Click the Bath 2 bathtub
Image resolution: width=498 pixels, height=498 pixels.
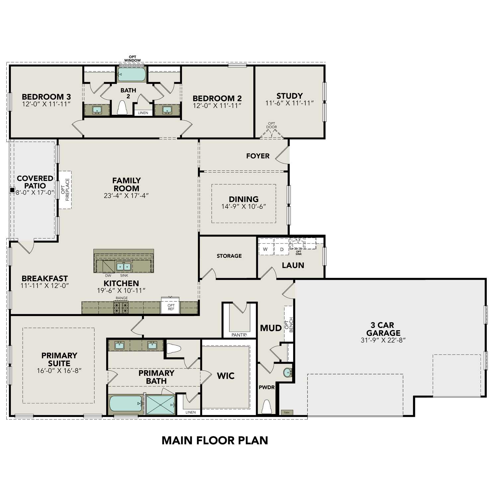point(132,74)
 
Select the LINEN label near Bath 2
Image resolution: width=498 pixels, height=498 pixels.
point(143,113)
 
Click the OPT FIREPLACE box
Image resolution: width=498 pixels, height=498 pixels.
point(65,190)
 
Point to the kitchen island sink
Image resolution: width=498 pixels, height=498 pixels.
point(124,266)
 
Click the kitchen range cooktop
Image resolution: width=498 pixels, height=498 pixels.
point(121,308)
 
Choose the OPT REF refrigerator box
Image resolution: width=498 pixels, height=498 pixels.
point(171,307)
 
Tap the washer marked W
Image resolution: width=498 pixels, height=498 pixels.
point(265,249)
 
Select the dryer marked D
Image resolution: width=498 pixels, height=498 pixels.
point(282,249)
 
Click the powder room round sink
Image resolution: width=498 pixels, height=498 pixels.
point(288,373)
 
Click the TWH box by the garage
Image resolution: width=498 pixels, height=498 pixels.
point(287,413)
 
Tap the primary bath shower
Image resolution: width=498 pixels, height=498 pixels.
point(160,405)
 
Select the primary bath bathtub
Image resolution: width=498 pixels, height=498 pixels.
point(125,404)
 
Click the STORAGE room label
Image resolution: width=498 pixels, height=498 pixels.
point(229,256)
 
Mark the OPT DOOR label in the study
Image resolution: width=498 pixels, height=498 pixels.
point(271,125)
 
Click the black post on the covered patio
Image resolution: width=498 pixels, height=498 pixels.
point(12,190)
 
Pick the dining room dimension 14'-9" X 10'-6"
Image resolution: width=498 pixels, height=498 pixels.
point(244,207)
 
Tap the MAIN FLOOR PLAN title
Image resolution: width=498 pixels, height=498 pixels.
point(215,440)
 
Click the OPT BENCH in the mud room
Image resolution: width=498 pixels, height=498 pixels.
point(289,324)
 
